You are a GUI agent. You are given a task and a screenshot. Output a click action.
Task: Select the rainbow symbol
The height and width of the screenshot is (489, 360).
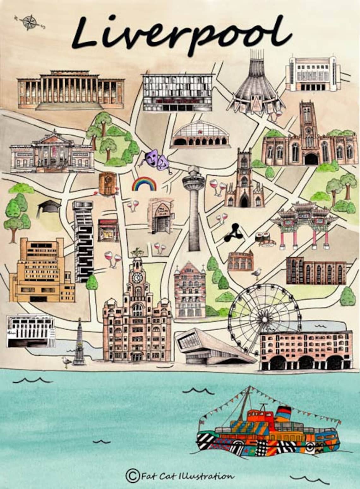[x=144, y=184]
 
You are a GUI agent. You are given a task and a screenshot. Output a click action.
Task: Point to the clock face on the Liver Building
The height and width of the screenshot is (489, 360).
[x=137, y=278]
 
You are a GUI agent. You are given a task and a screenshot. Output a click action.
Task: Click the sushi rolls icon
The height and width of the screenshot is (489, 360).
[x=265, y=237]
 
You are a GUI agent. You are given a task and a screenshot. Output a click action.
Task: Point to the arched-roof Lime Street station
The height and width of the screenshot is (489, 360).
[x=200, y=135]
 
